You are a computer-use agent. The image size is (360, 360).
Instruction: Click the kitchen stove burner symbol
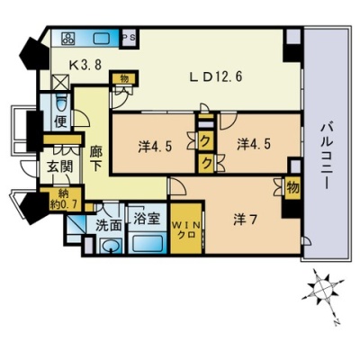pos(68,38)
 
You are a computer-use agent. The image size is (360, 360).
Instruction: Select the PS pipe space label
pos(129,38)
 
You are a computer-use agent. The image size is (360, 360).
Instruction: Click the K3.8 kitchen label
pos(85,64)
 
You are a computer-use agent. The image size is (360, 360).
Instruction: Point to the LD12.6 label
pos(216,77)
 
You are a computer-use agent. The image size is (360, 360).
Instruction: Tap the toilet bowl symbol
pos(62,102)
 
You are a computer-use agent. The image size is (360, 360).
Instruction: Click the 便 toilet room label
pos(60,121)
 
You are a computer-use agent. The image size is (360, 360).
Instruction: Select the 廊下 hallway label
pos(96,159)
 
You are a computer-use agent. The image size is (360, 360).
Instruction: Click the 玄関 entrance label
pos(60,166)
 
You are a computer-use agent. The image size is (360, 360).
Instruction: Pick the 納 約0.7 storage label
pos(60,199)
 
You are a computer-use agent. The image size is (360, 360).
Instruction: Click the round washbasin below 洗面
pos(111,246)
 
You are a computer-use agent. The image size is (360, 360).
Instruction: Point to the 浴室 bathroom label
pos(146,220)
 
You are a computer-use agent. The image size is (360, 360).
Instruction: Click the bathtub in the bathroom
pos(148,243)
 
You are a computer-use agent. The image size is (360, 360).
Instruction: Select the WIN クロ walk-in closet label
pos(186,229)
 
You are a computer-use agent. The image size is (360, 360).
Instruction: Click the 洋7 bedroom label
pos(246,221)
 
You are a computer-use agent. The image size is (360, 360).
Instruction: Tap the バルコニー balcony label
pos(326,156)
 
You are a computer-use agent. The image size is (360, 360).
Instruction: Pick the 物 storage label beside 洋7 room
pos(292,188)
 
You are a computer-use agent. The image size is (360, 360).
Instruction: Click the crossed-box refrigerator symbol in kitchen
pos(61,81)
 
